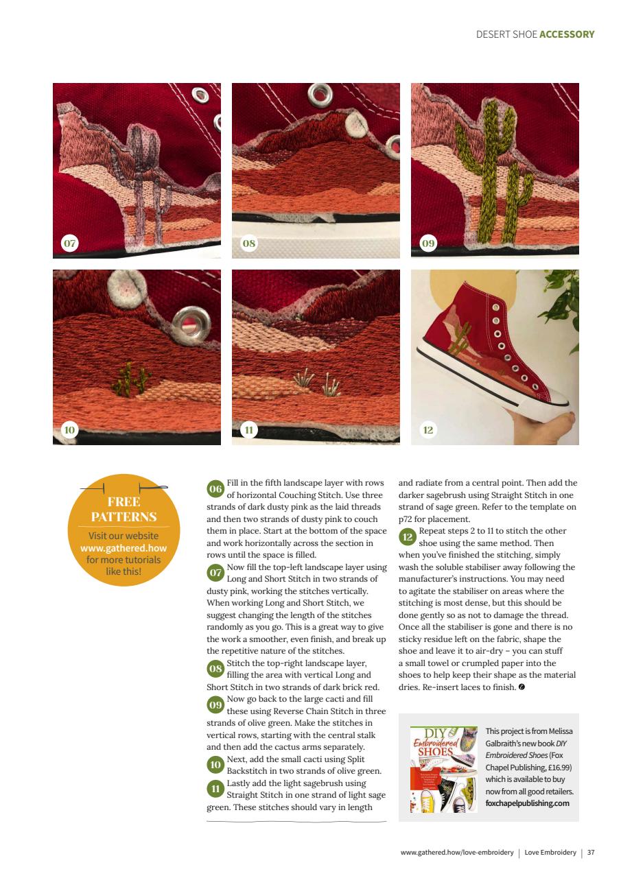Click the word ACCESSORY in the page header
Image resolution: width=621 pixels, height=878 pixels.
(x=567, y=34)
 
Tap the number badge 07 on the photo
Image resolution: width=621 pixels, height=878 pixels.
(x=69, y=243)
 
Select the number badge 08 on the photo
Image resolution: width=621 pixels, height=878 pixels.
(x=248, y=243)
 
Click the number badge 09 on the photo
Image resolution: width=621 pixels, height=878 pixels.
(x=427, y=243)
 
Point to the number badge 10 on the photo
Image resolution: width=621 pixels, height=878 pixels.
(x=69, y=430)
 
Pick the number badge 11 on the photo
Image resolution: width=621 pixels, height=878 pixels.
(x=248, y=430)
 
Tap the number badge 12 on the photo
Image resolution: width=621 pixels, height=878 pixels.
(x=427, y=430)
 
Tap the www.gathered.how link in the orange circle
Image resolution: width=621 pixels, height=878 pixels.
(x=124, y=547)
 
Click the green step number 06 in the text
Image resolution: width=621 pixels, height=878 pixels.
(x=215, y=489)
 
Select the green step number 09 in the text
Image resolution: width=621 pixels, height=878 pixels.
(x=215, y=704)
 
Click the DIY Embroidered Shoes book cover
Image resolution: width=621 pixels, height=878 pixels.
(x=443, y=769)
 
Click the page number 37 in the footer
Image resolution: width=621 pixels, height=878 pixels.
(x=590, y=853)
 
